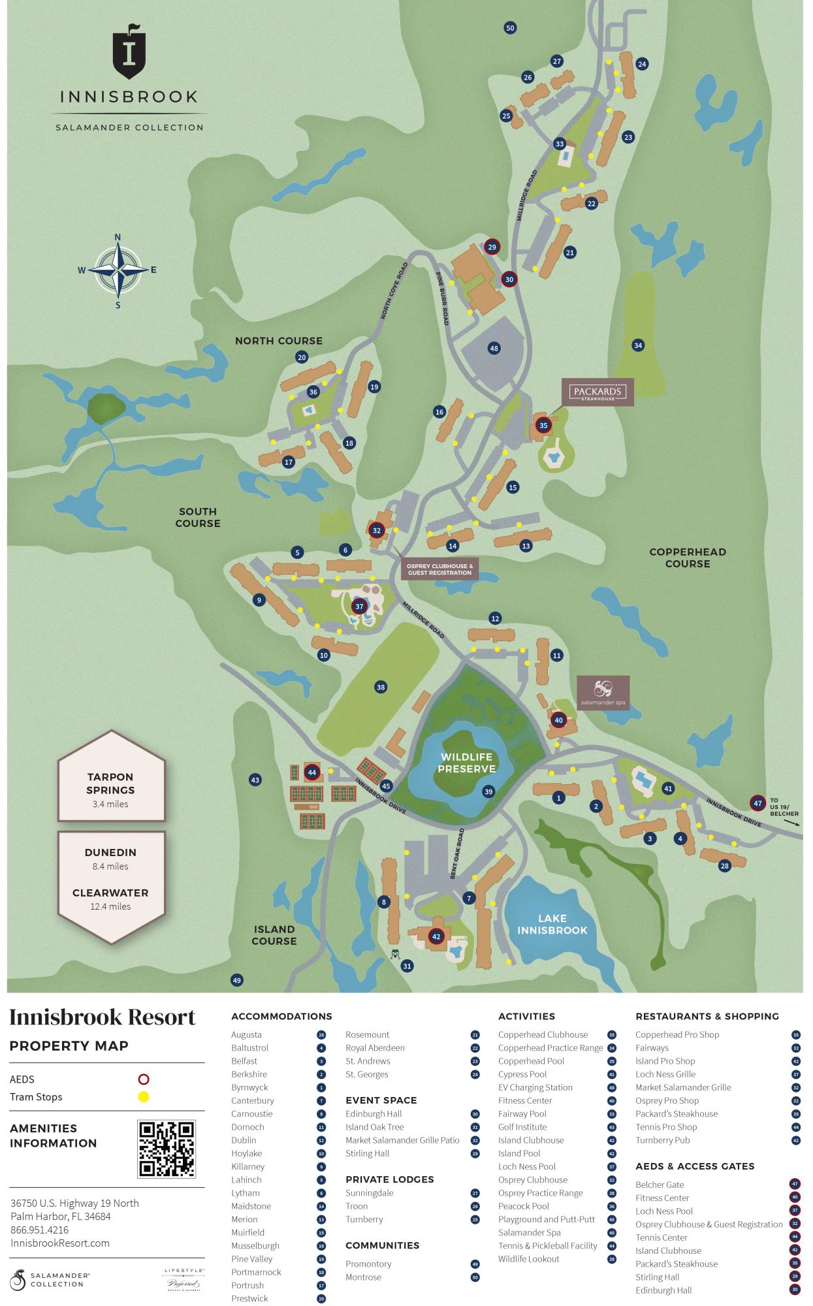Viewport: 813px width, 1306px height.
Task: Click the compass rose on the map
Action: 118,270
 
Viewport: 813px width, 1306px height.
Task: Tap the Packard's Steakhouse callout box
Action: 598,392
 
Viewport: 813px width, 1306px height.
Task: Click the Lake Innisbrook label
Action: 552,924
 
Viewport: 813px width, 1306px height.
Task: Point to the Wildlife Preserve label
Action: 466,763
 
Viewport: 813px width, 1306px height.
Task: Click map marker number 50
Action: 511,27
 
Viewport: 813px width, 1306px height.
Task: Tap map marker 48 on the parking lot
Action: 494,348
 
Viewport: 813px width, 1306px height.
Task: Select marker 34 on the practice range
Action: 638,345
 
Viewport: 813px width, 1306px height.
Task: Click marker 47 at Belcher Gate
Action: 757,803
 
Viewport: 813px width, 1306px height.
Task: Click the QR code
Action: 167,1149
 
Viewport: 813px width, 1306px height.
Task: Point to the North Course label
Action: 279,341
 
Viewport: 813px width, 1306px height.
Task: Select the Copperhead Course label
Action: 687,558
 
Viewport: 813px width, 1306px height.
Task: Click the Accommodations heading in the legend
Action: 281,1016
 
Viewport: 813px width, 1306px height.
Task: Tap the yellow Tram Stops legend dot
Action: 144,1097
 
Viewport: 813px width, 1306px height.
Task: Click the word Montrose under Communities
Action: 363,1277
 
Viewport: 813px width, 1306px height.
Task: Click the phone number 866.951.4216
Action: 39,1230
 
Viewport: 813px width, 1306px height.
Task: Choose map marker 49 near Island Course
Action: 236,980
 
